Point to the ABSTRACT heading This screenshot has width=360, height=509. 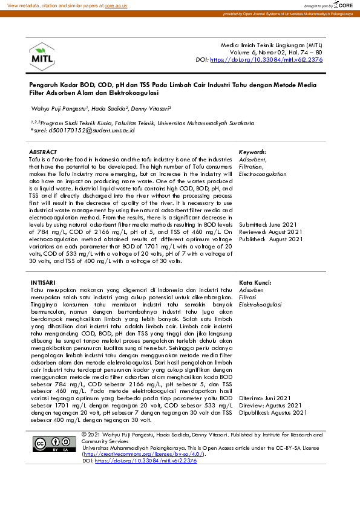coord(43,152)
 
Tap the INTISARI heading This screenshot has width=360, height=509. coord(43,282)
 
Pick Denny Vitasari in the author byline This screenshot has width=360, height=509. coord(152,108)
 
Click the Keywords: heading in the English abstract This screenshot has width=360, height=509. coord(253,152)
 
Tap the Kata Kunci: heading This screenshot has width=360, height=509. coord(255,282)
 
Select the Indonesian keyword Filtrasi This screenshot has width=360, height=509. coord(250,297)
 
